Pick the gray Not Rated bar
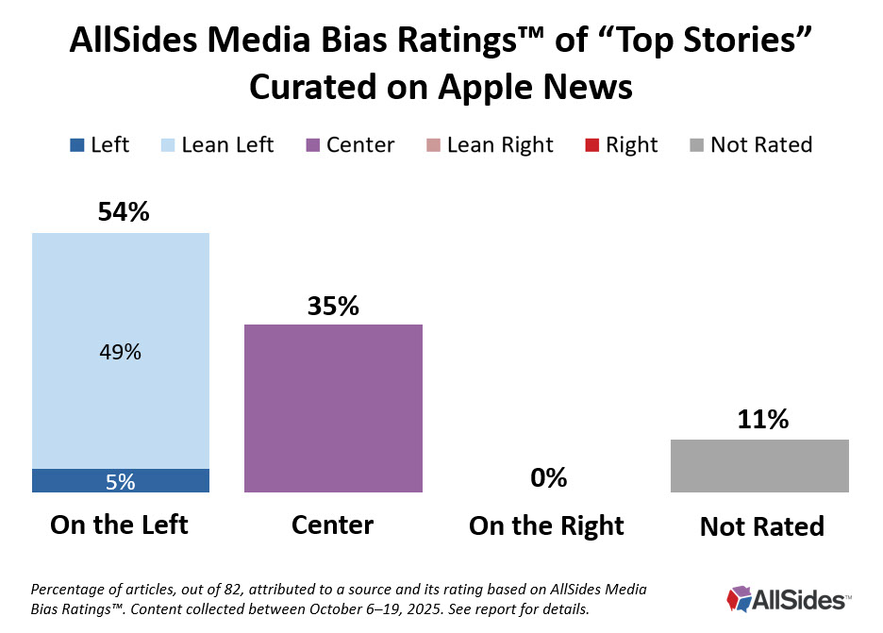tap(759, 465)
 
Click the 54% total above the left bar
tap(124, 212)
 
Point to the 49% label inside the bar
tap(121, 353)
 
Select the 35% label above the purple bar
tap(333, 307)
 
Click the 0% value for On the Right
tap(548, 477)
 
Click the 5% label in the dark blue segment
tap(121, 481)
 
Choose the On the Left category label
tap(120, 525)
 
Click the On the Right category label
tap(546, 525)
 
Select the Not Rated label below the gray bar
tap(761, 526)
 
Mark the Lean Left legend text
tap(227, 145)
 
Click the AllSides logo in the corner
tap(788, 598)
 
